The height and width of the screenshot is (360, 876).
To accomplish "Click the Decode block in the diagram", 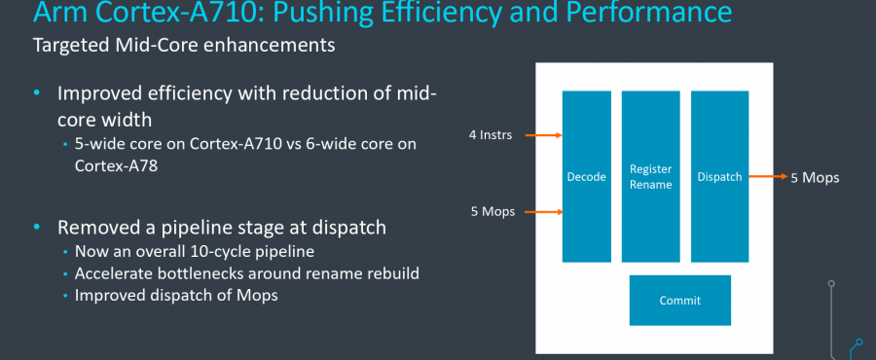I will pos(587,176).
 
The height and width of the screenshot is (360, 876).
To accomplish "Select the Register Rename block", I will pos(651,176).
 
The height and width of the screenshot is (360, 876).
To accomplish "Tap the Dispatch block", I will pos(719,176).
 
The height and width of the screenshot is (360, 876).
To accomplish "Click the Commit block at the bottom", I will pos(679,301).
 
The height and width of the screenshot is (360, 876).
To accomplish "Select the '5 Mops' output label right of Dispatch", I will pos(816,178).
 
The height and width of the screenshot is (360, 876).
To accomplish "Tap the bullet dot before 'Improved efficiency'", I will pos(38,93).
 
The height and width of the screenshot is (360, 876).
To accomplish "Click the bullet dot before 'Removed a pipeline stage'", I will pos(38,228).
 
